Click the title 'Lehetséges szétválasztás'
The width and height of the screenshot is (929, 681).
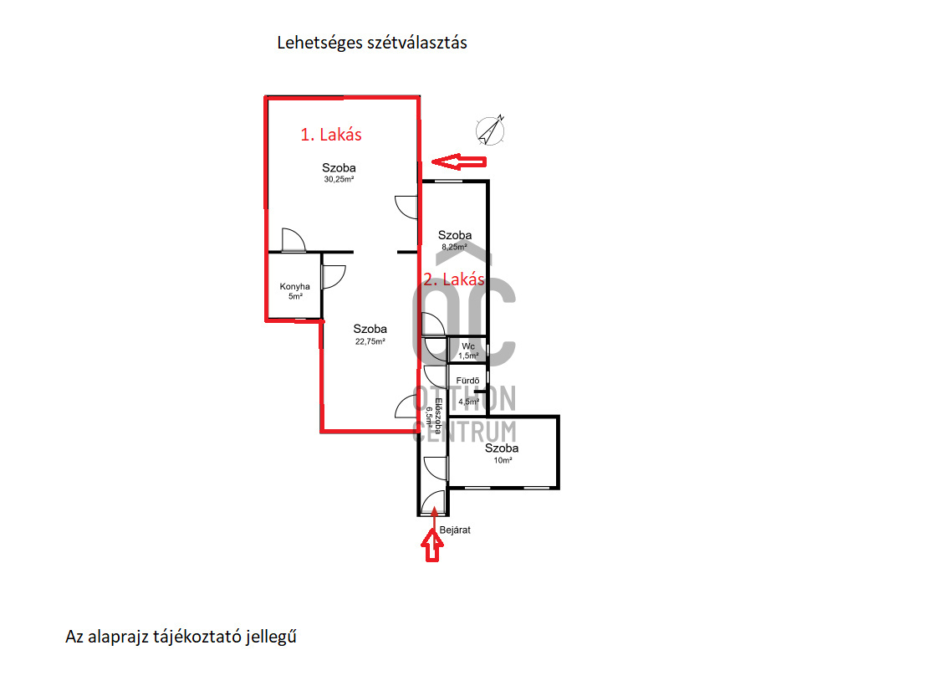(372, 44)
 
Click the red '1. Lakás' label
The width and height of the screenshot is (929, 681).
(331, 135)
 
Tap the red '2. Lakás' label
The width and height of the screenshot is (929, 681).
(454, 279)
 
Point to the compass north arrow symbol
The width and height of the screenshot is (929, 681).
(491, 130)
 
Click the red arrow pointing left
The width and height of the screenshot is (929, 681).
(459, 161)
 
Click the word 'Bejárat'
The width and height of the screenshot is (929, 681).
(455, 530)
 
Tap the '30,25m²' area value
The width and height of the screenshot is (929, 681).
(339, 179)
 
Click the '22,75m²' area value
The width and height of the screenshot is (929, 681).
(370, 341)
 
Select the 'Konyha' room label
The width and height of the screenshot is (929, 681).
(295, 286)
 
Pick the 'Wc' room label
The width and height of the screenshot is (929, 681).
(468, 346)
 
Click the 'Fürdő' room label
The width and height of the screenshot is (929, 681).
(467, 381)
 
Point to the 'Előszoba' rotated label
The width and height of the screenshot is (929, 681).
(438, 416)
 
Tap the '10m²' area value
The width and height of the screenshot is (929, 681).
(503, 460)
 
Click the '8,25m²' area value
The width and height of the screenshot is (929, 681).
(454, 247)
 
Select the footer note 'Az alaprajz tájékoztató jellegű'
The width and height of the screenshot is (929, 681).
(181, 637)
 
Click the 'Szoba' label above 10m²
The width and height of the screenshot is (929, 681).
(502, 448)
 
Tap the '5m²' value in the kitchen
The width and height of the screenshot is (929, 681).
(296, 296)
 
